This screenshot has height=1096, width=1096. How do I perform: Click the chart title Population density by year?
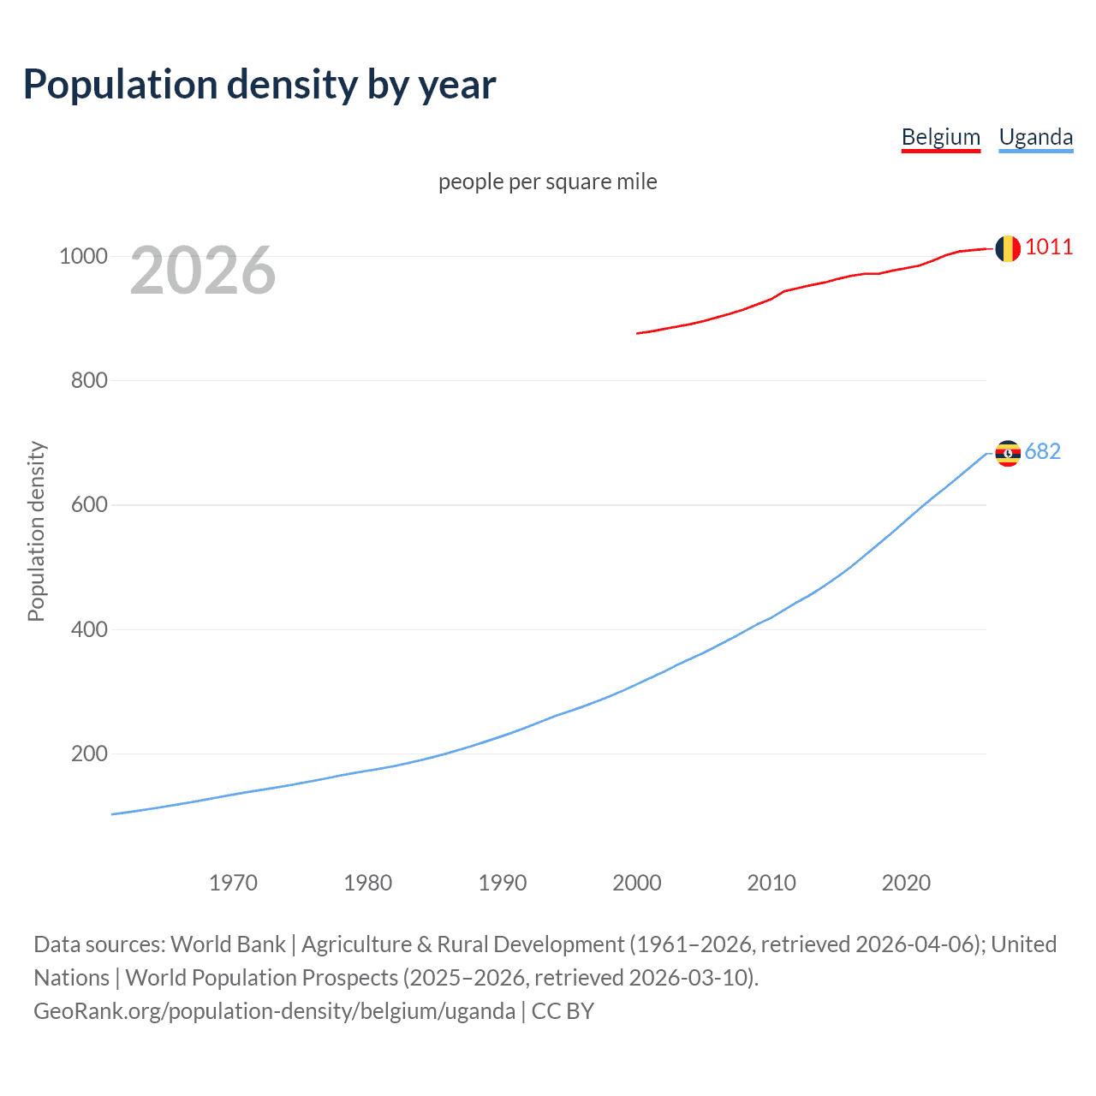click(259, 85)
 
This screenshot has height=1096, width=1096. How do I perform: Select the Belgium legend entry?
click(940, 137)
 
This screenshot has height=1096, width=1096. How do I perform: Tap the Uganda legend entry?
click(1035, 137)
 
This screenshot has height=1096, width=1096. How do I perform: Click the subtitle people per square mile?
click(547, 182)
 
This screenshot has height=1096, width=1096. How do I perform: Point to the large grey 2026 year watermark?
click(203, 271)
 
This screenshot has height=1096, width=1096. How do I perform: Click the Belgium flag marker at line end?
click(1008, 248)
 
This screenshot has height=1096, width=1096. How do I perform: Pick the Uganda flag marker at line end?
click(1008, 453)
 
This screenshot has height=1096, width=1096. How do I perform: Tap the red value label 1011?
click(1049, 247)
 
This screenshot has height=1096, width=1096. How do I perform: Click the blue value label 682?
click(1043, 451)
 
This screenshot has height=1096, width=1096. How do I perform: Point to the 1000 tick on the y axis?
click(83, 256)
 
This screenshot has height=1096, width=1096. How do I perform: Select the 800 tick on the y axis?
click(89, 380)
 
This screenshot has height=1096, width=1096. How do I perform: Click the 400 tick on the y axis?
click(89, 629)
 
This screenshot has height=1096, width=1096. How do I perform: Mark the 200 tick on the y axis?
click(89, 753)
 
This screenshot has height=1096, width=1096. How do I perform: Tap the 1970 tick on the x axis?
click(233, 883)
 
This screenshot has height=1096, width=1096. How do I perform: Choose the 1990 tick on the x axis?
click(503, 883)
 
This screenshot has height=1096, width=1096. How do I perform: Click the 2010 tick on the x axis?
click(771, 883)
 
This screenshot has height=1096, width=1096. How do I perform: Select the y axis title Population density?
click(36, 531)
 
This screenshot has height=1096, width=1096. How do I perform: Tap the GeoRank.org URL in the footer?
click(274, 1011)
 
